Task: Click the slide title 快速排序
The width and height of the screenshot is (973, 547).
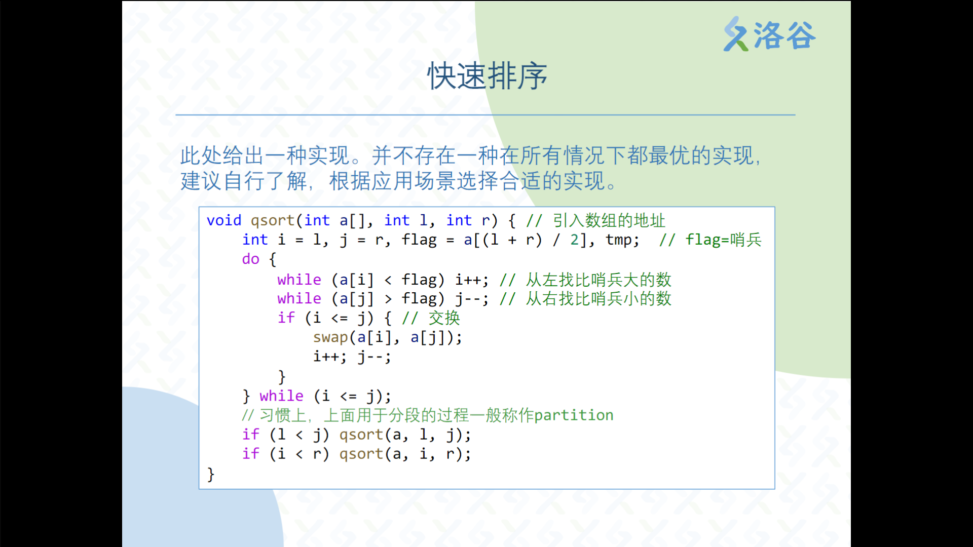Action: pyautogui.click(x=487, y=76)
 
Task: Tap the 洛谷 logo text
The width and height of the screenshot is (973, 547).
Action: pyautogui.click(x=784, y=35)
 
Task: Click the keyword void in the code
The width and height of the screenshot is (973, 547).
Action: pyautogui.click(x=224, y=220)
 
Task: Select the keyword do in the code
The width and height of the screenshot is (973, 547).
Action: pyautogui.click(x=251, y=259)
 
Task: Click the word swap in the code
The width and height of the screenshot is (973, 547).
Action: pyautogui.click(x=330, y=337)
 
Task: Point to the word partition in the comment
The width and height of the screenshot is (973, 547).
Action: pyautogui.click(x=574, y=415)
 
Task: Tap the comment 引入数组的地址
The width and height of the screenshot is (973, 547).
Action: pyautogui.click(x=609, y=220)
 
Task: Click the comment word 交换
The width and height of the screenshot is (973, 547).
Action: pyautogui.click(x=444, y=318)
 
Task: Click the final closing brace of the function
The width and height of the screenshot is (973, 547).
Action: pyautogui.click(x=211, y=475)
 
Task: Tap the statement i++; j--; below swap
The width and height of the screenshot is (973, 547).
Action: pyautogui.click(x=352, y=357)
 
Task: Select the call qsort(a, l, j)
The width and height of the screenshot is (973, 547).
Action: pyautogui.click(x=405, y=435)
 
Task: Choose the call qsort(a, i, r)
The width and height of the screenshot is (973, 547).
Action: pyautogui.click(x=405, y=454)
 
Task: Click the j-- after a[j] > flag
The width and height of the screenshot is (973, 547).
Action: pyautogui.click(x=468, y=299)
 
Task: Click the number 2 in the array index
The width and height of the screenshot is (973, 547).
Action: pyautogui.click(x=575, y=240)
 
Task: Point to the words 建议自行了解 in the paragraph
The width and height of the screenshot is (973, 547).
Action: pyautogui.click(x=244, y=181)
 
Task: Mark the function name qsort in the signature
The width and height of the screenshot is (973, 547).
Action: pyautogui.click(x=273, y=221)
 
